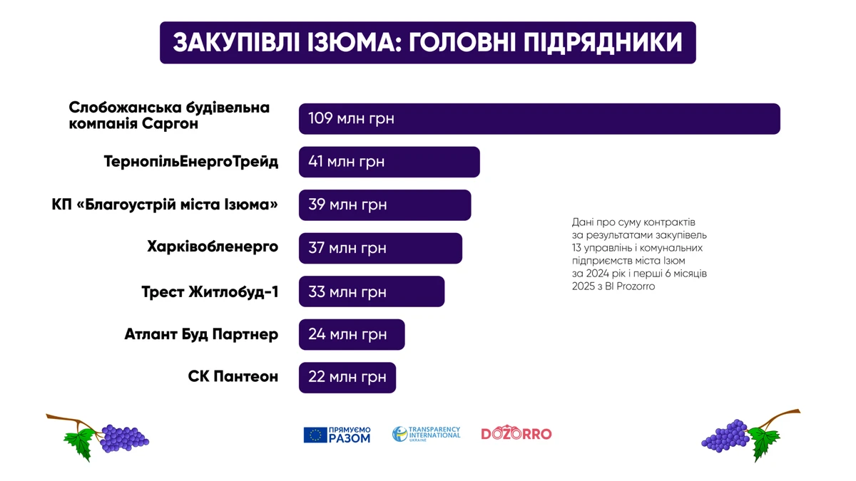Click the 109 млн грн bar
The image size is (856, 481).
539,119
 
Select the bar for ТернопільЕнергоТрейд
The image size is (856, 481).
389,162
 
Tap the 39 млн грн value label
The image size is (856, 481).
347,205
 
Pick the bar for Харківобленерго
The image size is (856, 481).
380,248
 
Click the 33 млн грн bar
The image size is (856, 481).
371,291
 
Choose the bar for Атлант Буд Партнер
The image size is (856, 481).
351,334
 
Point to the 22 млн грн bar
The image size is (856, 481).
347,377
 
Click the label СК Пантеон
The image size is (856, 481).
233,376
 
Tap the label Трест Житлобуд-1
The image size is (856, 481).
210,291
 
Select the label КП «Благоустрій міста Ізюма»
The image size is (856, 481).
165,205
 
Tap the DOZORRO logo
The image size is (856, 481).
516,434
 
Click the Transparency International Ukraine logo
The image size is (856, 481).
427,434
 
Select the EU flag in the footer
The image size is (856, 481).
315,435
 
